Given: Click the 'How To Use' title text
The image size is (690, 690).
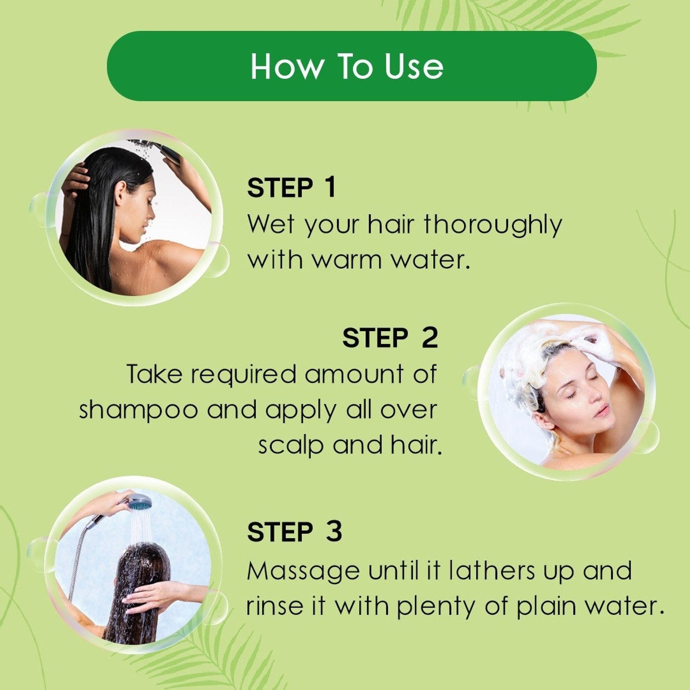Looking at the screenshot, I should coord(347,67).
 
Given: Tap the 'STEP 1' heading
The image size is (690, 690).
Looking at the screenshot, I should coord(291,188).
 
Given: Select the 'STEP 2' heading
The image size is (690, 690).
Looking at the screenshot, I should coord(390,338).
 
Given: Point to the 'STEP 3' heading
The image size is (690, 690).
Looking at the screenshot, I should coord(294,532).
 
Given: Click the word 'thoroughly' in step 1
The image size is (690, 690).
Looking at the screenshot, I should coord(493,225).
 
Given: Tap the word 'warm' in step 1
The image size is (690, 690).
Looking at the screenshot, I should coord(347,260).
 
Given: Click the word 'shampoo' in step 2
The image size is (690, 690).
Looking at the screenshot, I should coord(138,410).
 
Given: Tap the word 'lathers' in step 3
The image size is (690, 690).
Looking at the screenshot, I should coord(492,571).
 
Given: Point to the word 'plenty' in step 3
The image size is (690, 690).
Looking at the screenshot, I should coord(436,607).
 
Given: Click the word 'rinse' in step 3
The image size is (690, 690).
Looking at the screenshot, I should coord(275,606).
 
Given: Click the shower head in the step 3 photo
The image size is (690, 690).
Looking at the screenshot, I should coord(139,502).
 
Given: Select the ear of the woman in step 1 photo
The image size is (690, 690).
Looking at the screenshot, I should coord(121,193).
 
